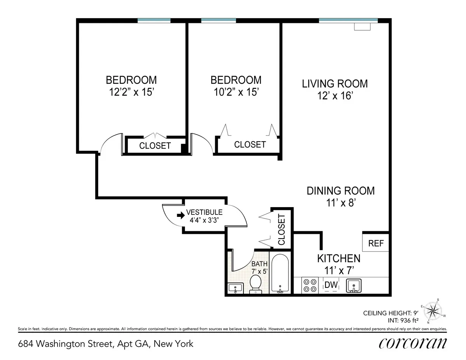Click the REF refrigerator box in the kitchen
(376, 243)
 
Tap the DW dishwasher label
(331, 285)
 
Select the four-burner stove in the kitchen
(310, 286)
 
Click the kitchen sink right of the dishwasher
(353, 286)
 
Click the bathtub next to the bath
(279, 273)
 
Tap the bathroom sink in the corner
(235, 288)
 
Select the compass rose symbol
(433, 310)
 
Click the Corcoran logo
(412, 343)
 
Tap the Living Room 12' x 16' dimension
(335, 95)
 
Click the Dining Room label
(341, 191)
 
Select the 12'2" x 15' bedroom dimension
(131, 92)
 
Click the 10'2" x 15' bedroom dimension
(236, 92)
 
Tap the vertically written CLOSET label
(281, 229)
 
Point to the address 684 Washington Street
(106, 344)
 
